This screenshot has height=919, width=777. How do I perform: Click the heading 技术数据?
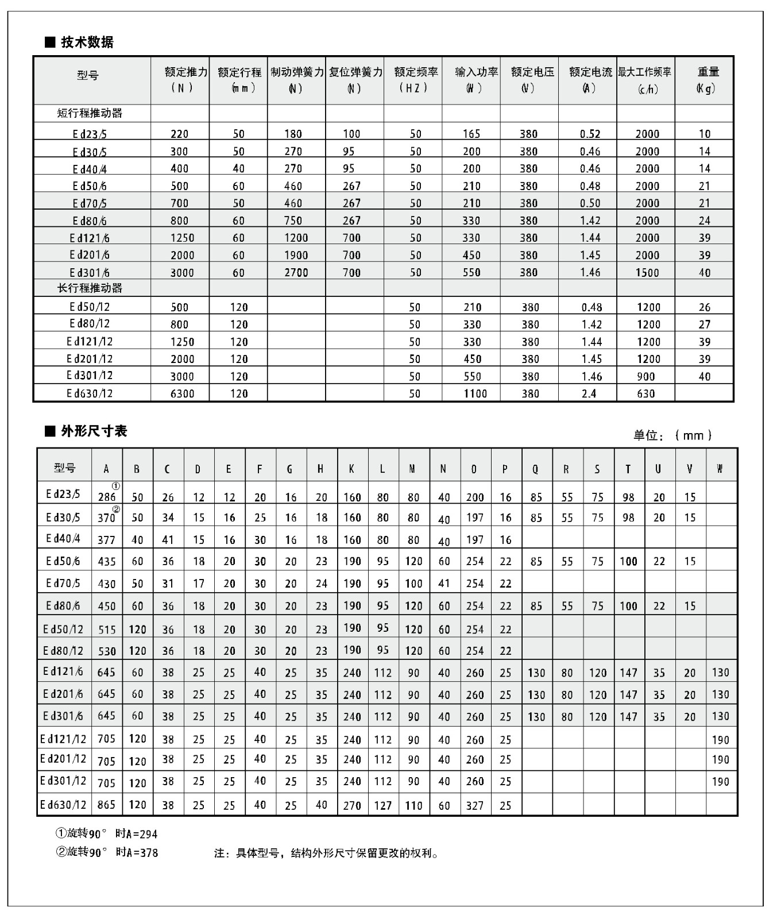pyautogui.click(x=87, y=42)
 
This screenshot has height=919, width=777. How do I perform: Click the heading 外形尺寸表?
pyautogui.click(x=94, y=431)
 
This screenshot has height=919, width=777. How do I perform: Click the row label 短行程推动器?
pyautogui.click(x=90, y=113)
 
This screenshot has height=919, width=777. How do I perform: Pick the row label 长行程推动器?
pyautogui.click(x=90, y=288)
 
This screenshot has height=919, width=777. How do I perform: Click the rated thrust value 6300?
pyautogui.click(x=183, y=394)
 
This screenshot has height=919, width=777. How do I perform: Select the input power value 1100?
pyautogui.click(x=475, y=394)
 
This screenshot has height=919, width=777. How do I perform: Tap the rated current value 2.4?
pyautogui.click(x=589, y=394)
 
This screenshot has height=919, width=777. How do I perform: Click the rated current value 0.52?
pyautogui.click(x=590, y=134)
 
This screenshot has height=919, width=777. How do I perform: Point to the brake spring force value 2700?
pyautogui.click(x=296, y=273)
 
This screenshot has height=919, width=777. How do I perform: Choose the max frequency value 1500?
pyautogui.click(x=647, y=273)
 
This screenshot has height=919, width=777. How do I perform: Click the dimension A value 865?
pyautogui.click(x=107, y=805)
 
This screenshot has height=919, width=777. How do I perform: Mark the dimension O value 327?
pyautogui.click(x=475, y=805)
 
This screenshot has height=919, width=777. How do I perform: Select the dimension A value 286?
pyautogui.click(x=107, y=497)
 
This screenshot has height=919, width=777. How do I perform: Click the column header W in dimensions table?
pyautogui.click(x=720, y=469)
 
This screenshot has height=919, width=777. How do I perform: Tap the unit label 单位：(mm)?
pyautogui.click(x=672, y=435)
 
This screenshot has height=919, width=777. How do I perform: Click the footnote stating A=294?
pyautogui.click(x=106, y=833)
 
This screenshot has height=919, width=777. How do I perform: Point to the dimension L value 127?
pyautogui.click(x=382, y=805)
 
